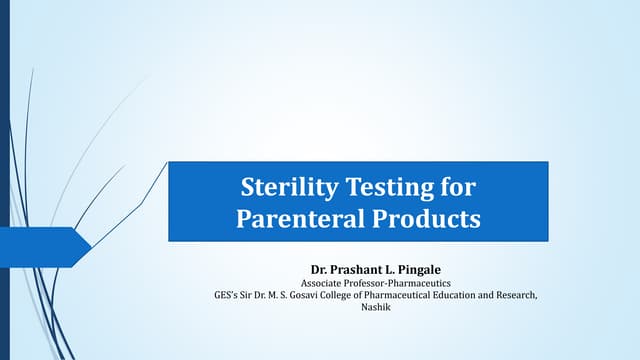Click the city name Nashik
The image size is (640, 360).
[376, 310]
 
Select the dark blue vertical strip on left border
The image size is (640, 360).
[4, 180]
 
